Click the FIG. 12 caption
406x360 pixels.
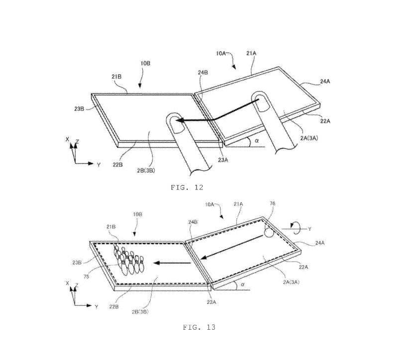pyautogui.click(x=187, y=187)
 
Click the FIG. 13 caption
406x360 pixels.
pyautogui.click(x=199, y=327)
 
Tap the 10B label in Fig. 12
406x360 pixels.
pyautogui.click(x=145, y=64)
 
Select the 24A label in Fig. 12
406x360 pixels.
pyautogui.click(x=325, y=81)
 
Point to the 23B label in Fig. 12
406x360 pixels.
pyautogui.click(x=79, y=109)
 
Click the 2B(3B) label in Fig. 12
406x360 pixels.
pyautogui.click(x=146, y=170)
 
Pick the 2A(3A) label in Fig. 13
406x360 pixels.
pyautogui.click(x=291, y=282)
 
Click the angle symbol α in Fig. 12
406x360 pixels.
pyautogui.click(x=257, y=141)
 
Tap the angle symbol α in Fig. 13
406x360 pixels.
pyautogui.click(x=243, y=284)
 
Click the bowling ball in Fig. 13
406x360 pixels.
pyautogui.click(x=269, y=232)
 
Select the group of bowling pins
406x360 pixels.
pyautogui.click(x=128, y=260)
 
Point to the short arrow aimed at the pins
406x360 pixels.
pyautogui.click(x=172, y=263)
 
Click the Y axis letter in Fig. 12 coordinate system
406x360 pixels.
pyautogui.click(x=99, y=165)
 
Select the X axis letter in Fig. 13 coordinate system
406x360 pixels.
pyautogui.click(x=68, y=283)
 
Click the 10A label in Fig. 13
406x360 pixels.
pyautogui.click(x=210, y=204)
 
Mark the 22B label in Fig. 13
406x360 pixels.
pyautogui.click(x=113, y=307)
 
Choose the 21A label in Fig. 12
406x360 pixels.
pyautogui.click(x=251, y=53)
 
